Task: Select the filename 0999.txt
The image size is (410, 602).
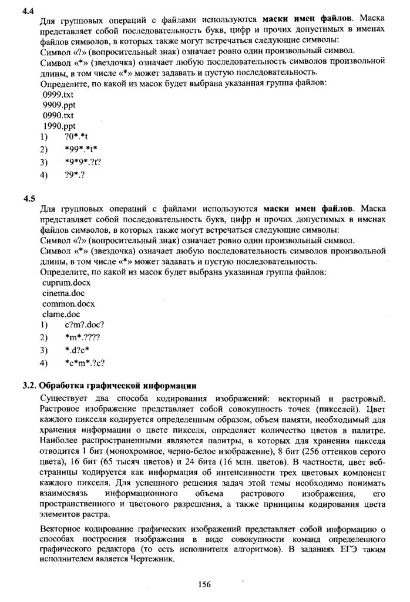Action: click(x=58, y=94)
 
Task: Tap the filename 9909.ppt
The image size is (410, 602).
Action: click(x=59, y=105)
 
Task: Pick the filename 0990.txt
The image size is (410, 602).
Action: click(x=58, y=115)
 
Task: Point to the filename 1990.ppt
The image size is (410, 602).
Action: click(x=59, y=126)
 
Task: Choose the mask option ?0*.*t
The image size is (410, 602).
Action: click(x=77, y=137)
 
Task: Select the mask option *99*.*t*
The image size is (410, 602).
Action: click(x=81, y=149)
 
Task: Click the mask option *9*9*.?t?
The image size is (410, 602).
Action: click(x=83, y=162)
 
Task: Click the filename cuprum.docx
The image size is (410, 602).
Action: click(x=66, y=282)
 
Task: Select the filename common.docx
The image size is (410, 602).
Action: click(x=68, y=303)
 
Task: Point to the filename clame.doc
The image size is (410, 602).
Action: click(x=61, y=314)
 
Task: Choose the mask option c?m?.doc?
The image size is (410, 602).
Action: click(x=85, y=325)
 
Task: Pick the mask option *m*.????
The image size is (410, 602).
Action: click(x=83, y=337)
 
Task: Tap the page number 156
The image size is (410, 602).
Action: click(x=204, y=584)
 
